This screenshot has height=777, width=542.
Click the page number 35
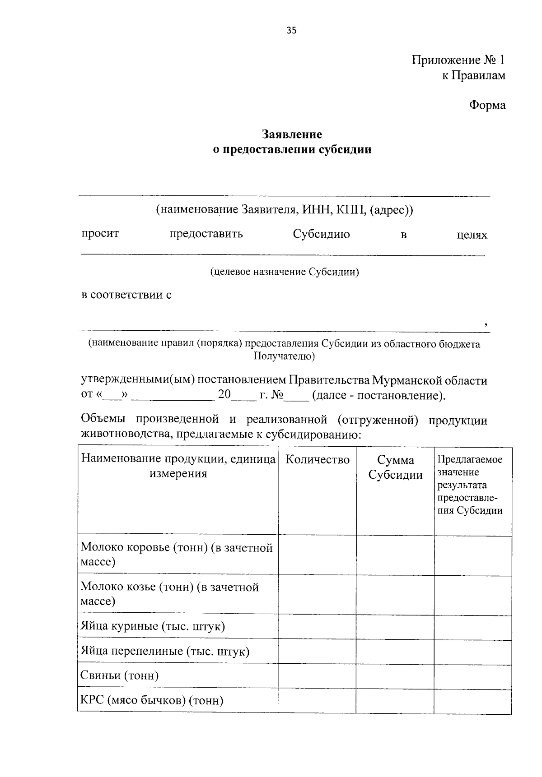[x=291, y=31]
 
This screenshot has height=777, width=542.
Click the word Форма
[x=487, y=106]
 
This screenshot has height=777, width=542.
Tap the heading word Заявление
[x=292, y=134]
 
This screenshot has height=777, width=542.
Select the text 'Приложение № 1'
[x=458, y=60]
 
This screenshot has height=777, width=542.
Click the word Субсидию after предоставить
[x=321, y=234]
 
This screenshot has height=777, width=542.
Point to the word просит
[x=100, y=234]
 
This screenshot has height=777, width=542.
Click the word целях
[x=472, y=235]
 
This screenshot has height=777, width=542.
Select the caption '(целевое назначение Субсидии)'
[x=284, y=272]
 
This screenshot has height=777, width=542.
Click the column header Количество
[x=318, y=460]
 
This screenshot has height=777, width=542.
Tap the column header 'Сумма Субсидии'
[x=396, y=467]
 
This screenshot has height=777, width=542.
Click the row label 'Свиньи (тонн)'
[x=120, y=675]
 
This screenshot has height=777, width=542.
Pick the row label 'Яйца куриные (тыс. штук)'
[x=153, y=626]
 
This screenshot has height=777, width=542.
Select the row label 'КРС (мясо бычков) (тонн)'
[x=152, y=700]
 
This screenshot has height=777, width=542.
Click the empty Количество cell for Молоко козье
[x=318, y=594]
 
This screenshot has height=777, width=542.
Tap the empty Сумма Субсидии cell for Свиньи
[x=395, y=675]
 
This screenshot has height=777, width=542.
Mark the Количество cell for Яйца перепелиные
[x=318, y=651]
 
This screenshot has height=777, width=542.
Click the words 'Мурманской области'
[x=430, y=380]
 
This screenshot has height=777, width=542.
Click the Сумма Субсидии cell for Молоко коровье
[x=395, y=555]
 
